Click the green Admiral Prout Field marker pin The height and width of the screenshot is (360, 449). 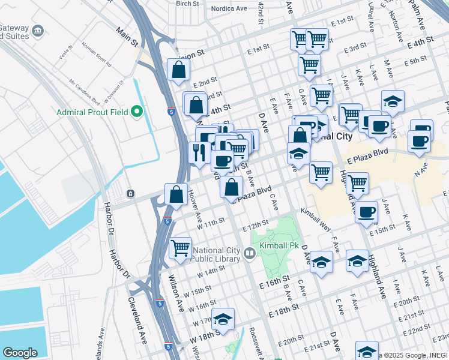(137, 112)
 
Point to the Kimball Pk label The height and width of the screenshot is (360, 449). (277, 246)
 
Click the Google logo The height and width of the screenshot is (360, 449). (20, 353)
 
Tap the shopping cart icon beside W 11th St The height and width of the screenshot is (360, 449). (180, 247)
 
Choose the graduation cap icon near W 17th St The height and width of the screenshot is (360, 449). (223, 320)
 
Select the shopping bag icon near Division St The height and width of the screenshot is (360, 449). (179, 70)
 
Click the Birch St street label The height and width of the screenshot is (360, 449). (187, 4)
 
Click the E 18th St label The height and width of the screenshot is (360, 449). (284, 311)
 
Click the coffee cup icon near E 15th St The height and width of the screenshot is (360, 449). (366, 212)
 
